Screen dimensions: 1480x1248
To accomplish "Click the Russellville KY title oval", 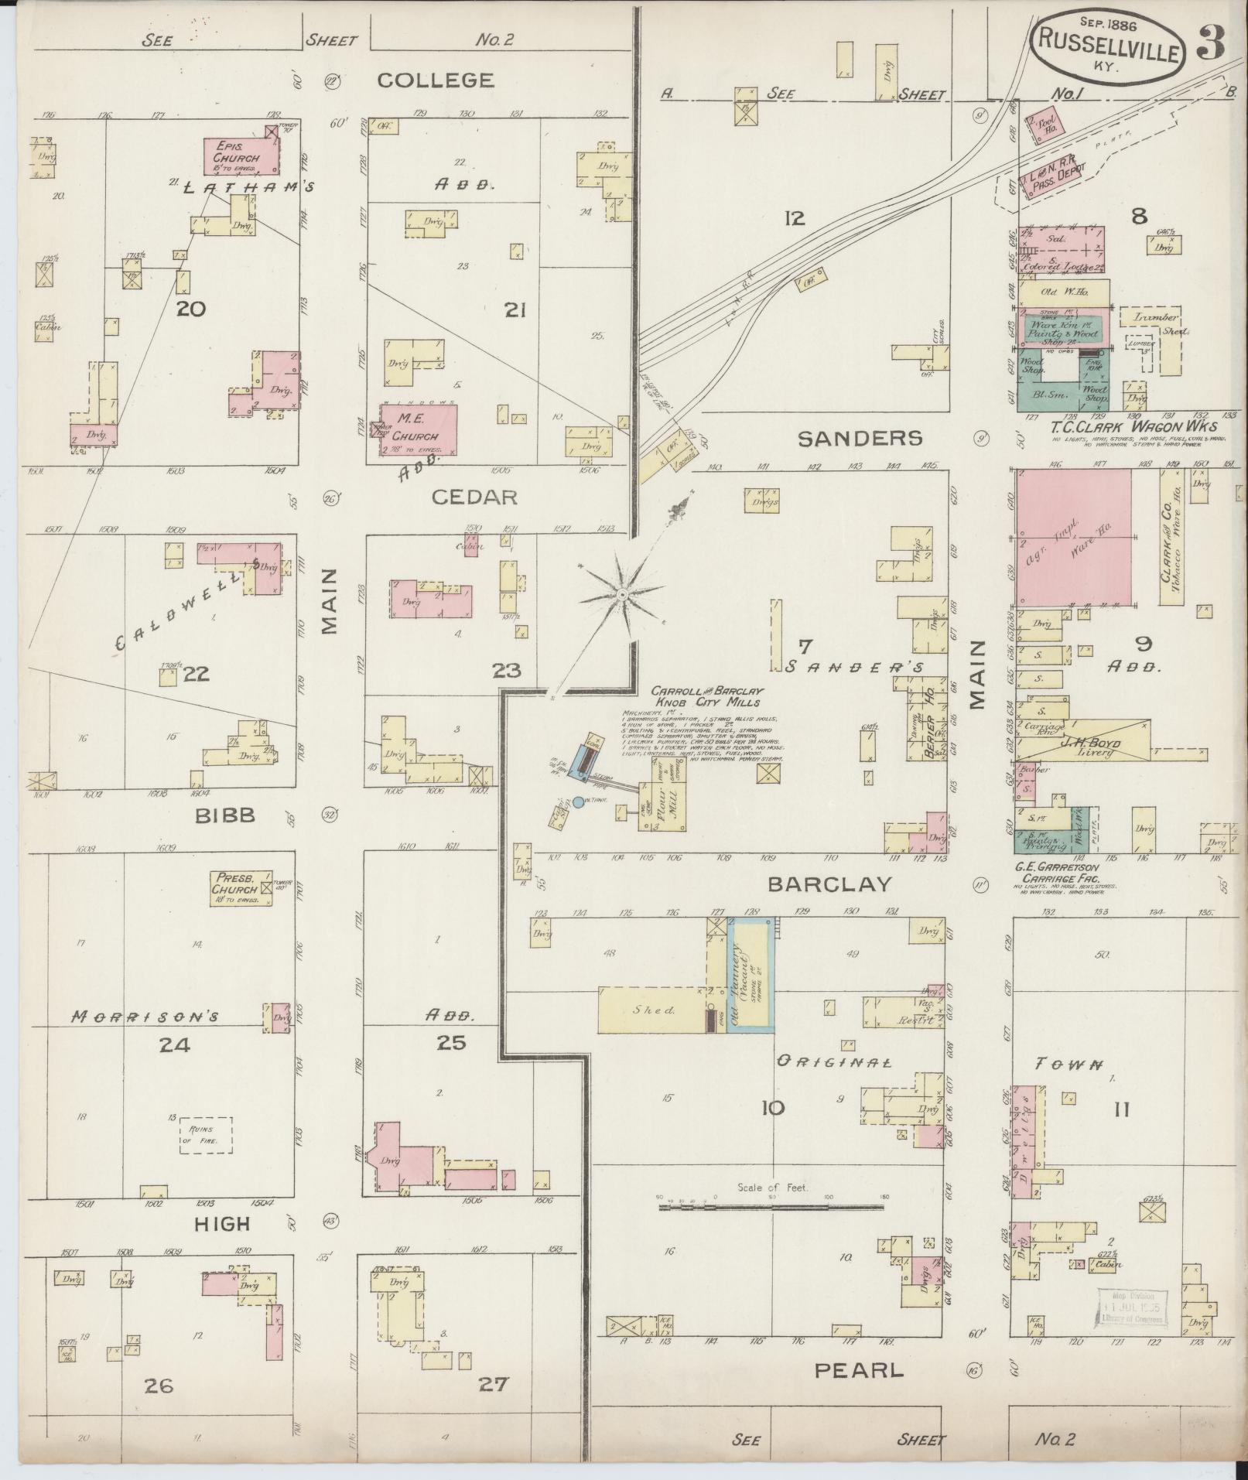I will [x=1107, y=48].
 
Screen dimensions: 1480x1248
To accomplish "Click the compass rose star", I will [x=621, y=594].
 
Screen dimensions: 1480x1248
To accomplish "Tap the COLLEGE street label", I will [x=436, y=80].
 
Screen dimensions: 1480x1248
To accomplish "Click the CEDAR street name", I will [x=474, y=497].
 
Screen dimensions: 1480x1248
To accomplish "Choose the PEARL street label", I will [x=859, y=1371].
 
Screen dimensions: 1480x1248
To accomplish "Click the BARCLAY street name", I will [x=830, y=884].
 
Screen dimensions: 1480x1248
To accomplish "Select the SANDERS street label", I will [x=860, y=439].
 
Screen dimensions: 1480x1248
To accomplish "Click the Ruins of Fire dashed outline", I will [x=206, y=1136].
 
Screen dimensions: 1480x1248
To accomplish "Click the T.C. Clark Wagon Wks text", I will [x=1133, y=426].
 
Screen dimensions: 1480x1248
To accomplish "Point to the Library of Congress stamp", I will [x=1130, y=1308].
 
